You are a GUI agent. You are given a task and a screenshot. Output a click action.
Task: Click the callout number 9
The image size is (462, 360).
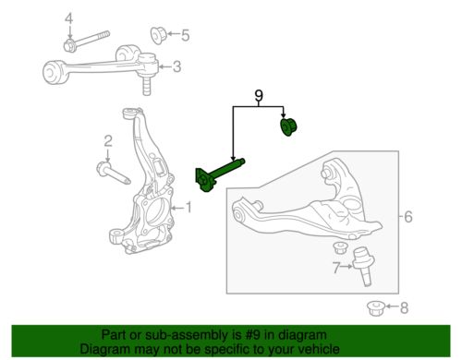[x=259, y=96]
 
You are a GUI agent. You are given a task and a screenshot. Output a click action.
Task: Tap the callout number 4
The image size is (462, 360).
[x=69, y=19]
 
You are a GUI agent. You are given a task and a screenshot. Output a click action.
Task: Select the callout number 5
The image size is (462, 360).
[x=185, y=35]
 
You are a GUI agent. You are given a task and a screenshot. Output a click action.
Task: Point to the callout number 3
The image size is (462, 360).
[x=176, y=66]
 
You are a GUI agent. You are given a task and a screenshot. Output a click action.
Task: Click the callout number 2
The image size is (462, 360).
[x=108, y=141]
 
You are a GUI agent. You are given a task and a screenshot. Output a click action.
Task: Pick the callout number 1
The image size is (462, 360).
[x=188, y=208]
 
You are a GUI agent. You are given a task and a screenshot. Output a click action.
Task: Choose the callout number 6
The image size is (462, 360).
[x=408, y=217]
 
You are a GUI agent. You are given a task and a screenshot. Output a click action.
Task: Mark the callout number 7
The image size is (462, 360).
[x=336, y=268]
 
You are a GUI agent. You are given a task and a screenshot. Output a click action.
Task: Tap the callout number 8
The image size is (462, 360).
[x=404, y=307]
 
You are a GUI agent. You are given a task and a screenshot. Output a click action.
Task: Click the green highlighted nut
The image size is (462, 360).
[x=289, y=126]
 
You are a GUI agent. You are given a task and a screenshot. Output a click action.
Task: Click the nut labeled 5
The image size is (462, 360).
[x=158, y=35]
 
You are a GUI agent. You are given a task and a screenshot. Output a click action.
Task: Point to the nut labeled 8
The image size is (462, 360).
[x=376, y=308]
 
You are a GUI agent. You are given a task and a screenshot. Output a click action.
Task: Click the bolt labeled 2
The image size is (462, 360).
[x=114, y=174]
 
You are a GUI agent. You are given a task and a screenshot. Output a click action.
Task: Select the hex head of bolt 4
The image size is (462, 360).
[x=69, y=46]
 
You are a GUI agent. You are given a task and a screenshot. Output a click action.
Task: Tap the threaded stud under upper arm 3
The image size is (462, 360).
[x=147, y=86]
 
